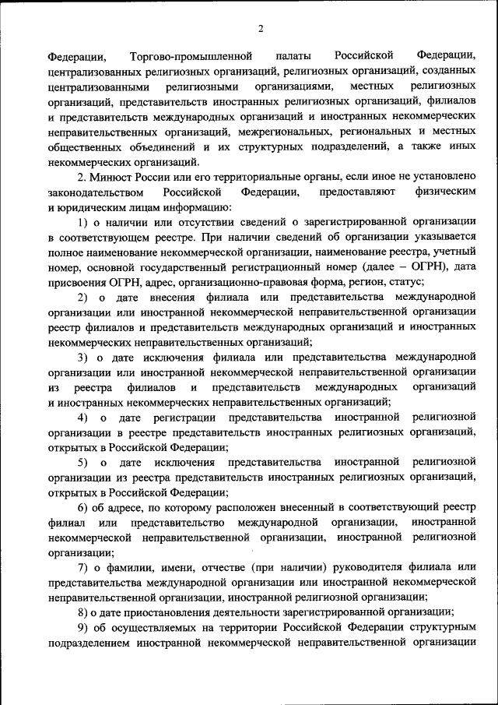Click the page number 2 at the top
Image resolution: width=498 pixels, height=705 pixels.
click(x=261, y=29)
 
